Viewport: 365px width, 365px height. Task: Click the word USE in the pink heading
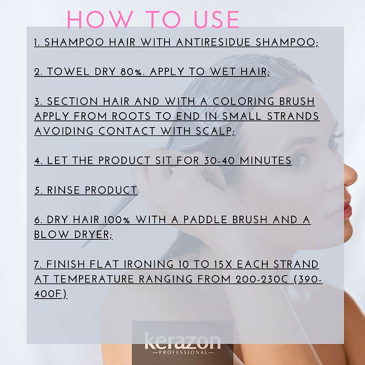pos(217,20)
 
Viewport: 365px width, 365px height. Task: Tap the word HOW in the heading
pos(100,20)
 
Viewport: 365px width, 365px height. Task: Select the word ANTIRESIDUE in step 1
pos(213,42)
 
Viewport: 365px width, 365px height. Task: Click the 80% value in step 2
pos(131,72)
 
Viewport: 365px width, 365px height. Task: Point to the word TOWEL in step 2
pos(68,72)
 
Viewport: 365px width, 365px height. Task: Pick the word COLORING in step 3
pos(243,101)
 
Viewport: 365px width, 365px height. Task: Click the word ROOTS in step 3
pos(131,116)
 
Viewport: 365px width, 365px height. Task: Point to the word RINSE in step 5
pos(63,190)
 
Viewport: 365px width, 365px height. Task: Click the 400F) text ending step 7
pos(50,294)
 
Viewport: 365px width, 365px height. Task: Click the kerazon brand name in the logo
pos(182,342)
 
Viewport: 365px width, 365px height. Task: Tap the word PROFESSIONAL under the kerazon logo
pos(182,353)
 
